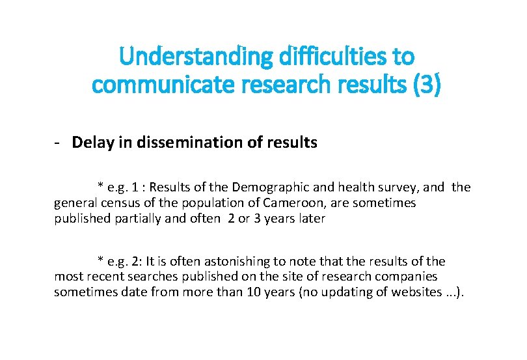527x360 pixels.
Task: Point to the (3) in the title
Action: (426, 85)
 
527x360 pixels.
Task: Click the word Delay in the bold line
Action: (91, 142)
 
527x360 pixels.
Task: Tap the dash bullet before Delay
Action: (58, 142)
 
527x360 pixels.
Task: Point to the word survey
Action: (397, 187)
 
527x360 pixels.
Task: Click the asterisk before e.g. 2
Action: (100, 262)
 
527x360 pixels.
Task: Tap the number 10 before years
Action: (254, 292)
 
